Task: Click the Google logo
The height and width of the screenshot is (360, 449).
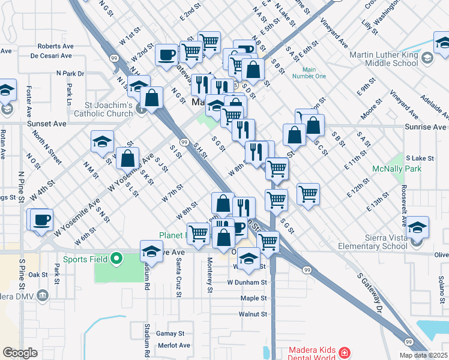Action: (20, 353)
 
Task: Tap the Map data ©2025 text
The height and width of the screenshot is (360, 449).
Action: (423, 355)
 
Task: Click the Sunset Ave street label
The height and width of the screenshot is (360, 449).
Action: (46, 124)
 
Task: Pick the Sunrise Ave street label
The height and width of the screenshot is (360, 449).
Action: (427, 127)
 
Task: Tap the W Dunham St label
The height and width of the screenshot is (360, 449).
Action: (246, 282)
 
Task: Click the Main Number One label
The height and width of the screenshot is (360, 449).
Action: (309, 72)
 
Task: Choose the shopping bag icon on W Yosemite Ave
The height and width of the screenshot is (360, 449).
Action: (128, 159)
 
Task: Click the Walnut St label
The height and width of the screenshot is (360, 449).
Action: (252, 314)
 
